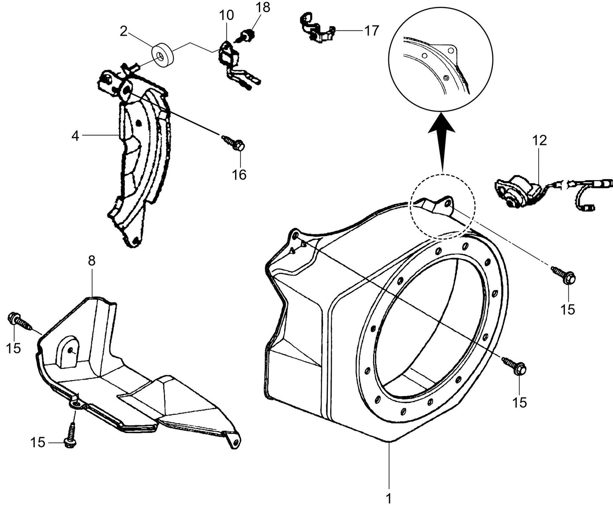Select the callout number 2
(x=123, y=32)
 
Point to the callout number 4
(x=75, y=136)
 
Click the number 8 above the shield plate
(x=92, y=261)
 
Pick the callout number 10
(x=227, y=16)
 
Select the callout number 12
(x=540, y=141)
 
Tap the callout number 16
(x=239, y=174)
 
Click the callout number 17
(x=371, y=31)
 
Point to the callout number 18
(x=263, y=7)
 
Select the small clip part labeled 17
(x=317, y=29)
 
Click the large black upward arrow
(x=441, y=140)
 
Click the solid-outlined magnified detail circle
(x=441, y=59)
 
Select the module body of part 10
(x=228, y=57)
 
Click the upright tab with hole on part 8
(x=68, y=351)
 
